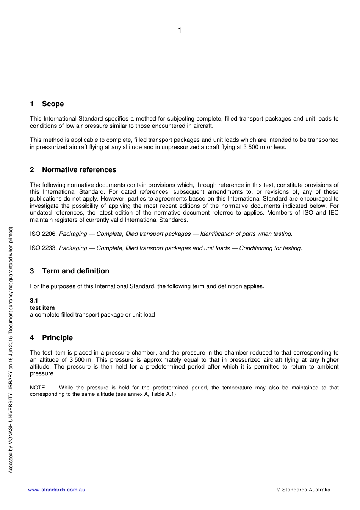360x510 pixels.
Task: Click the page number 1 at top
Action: (x=180, y=30)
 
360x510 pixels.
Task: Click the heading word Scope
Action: (x=53, y=104)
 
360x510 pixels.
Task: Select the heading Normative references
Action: (x=79, y=170)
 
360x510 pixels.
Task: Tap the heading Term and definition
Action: (x=75, y=271)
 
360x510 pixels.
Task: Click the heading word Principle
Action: (x=57, y=338)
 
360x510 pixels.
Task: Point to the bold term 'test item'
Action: (x=42, y=308)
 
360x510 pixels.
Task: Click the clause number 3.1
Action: (x=34, y=301)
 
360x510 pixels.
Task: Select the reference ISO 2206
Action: (x=43, y=234)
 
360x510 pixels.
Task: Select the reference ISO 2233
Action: (x=43, y=248)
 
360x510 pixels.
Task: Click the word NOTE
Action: (x=37, y=388)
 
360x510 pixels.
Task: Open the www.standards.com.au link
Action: (x=56, y=490)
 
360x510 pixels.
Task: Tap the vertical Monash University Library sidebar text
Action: (x=11, y=350)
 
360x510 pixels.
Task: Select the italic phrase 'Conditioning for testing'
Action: (x=270, y=248)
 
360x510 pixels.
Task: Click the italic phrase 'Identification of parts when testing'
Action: (x=246, y=234)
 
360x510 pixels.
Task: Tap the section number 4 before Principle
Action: (x=32, y=338)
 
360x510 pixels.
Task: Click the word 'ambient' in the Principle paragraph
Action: (x=328, y=367)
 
